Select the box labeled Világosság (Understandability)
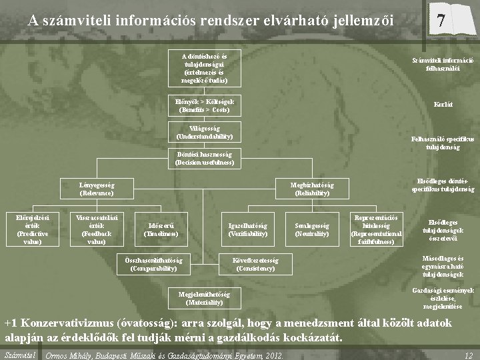click(x=205, y=132)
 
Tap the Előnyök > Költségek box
click(x=205, y=105)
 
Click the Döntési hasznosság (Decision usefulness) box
click(x=205, y=158)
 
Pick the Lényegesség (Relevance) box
click(x=97, y=189)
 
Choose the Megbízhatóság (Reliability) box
click(x=311, y=189)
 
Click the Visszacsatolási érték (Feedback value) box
click(x=93, y=228)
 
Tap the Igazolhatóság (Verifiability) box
click(x=247, y=229)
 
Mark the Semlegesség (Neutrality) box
click(x=311, y=229)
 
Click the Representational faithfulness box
click(x=376, y=228)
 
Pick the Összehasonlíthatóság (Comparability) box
click(x=154, y=264)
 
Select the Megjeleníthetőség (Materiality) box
click(x=205, y=298)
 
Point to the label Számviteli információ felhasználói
click(x=443, y=64)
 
